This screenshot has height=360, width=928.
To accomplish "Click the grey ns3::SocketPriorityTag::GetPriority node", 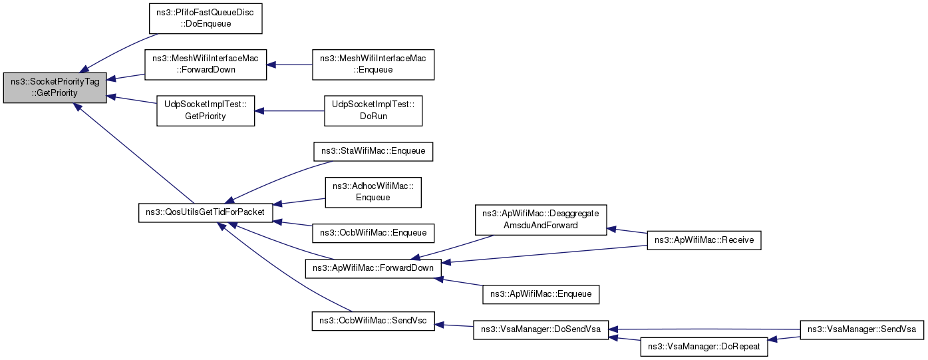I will click(x=55, y=87).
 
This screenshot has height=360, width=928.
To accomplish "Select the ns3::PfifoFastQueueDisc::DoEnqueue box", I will click(x=206, y=17).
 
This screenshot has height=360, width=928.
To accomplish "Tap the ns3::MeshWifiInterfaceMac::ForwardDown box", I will click(x=206, y=64).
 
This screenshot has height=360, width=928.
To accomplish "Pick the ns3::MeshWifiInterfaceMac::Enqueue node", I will click(x=373, y=64).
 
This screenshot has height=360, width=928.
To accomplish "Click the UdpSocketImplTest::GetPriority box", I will click(x=206, y=110).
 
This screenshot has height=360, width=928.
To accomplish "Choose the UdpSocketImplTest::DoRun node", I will click(x=373, y=110).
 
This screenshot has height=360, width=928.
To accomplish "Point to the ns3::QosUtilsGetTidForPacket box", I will click(x=206, y=213).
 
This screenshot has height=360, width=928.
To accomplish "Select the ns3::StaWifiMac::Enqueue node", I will click(x=373, y=152).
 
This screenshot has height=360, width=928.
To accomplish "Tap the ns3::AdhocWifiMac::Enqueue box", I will click(x=373, y=192).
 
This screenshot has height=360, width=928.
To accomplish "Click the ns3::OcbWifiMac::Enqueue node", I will click(x=373, y=233).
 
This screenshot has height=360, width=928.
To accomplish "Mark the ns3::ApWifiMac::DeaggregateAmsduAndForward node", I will click(x=541, y=219).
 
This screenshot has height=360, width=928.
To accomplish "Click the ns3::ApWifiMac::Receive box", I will click(x=704, y=240).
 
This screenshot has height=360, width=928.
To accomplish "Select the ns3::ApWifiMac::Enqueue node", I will click(x=541, y=293).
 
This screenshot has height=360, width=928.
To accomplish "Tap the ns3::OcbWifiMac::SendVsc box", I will click(x=373, y=320).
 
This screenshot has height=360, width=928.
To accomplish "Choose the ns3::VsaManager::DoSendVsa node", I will click(x=541, y=330).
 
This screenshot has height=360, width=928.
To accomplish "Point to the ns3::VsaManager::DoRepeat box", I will click(x=704, y=347).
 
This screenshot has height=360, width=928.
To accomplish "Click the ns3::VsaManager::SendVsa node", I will click(x=862, y=329).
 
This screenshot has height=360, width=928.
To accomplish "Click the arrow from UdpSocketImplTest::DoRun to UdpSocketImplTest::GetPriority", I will click(x=289, y=110).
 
